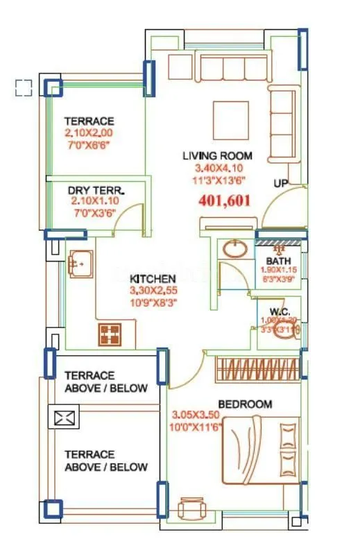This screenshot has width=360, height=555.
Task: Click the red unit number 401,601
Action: [x=223, y=201]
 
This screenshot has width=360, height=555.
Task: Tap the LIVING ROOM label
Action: [x=217, y=155]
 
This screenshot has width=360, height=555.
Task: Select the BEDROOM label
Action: [x=245, y=404]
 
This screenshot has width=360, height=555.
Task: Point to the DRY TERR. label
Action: [x=96, y=190]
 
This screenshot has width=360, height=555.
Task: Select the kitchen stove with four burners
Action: [x=109, y=334]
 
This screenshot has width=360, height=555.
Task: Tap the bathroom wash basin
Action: [x=237, y=249]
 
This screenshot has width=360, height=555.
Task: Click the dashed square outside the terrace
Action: [x=24, y=87]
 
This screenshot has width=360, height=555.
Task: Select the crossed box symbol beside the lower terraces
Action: [x=63, y=418]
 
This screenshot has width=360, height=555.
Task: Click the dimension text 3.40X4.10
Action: [x=217, y=169]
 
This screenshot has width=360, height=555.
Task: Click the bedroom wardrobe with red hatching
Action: [x=257, y=368]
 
